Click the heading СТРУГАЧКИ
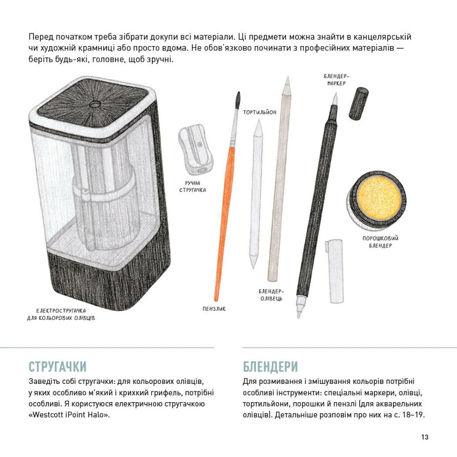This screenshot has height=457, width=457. pyautogui.click(x=58, y=367)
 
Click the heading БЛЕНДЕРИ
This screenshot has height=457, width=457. pyautogui.click(x=271, y=367)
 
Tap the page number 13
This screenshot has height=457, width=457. pyautogui.click(x=425, y=437)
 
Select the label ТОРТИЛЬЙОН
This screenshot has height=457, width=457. pyautogui.click(x=260, y=112)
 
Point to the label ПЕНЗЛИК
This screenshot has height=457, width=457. pyautogui.click(x=214, y=308)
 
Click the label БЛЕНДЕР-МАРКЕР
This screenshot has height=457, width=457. pyautogui.click(x=336, y=80)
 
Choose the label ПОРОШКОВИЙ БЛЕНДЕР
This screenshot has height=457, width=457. pyautogui.click(x=380, y=242)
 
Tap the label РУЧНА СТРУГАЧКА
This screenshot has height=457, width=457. pyautogui.click(x=193, y=186)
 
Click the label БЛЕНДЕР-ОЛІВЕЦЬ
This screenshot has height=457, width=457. pyautogui.click(x=271, y=295)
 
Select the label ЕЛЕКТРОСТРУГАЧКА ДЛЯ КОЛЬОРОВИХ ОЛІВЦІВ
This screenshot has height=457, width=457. pyautogui.click(x=61, y=314)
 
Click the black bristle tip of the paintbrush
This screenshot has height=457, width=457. pyautogui.click(x=238, y=99)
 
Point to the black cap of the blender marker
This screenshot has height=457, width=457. pyautogui.click(x=359, y=103)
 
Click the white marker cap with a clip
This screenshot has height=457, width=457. pyautogui.click(x=335, y=271)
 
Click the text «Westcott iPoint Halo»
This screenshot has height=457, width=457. pyautogui.click(x=69, y=414)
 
